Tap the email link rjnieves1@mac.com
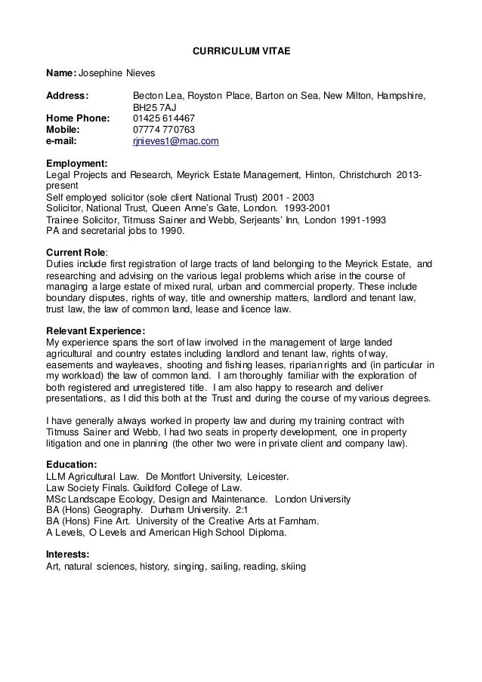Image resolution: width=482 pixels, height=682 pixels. (x=175, y=140)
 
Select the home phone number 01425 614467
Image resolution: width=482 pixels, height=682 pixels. (x=163, y=118)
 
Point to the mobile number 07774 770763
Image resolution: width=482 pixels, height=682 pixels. (x=163, y=129)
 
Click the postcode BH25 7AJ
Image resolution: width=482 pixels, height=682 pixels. (x=154, y=107)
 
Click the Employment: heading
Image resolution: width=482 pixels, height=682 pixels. (x=76, y=161)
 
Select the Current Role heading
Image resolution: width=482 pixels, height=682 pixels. (x=76, y=252)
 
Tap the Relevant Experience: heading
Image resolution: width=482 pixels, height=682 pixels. (x=95, y=330)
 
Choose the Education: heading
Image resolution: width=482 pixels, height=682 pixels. (x=71, y=465)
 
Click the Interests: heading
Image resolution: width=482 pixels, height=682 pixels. (x=68, y=555)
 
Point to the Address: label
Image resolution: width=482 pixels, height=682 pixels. (x=67, y=96)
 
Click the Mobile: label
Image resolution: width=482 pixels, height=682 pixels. (x=63, y=129)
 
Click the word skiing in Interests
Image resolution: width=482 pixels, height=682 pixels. (x=292, y=567)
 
